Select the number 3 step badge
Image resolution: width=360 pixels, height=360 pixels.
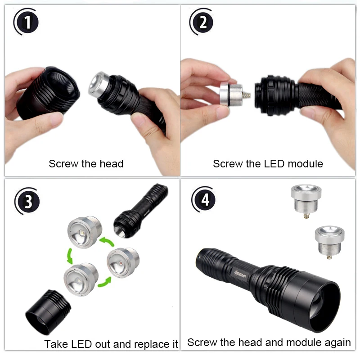28,202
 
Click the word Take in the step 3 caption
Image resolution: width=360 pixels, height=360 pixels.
56,345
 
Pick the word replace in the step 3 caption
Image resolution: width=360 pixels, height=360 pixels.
149,345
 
